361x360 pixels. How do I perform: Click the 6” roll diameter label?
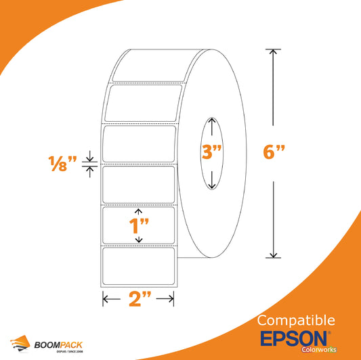coord(274,152)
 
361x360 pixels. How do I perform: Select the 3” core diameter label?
coord(211,152)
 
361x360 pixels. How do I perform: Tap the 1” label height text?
coord(139,225)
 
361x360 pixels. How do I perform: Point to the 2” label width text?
coord(140,298)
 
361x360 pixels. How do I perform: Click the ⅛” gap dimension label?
coord(62,164)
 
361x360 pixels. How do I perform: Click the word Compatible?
coord(296,321)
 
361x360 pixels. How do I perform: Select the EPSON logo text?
coord(293,338)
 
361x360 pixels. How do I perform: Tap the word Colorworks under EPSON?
coord(319,350)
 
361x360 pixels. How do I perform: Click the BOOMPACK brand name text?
coord(58,345)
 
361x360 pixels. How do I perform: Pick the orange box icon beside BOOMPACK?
coord(20,343)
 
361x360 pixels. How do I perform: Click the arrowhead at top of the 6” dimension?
coord(273,52)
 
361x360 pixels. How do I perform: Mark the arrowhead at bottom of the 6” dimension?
coord(273,255)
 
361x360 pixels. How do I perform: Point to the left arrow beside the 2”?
coord(112,299)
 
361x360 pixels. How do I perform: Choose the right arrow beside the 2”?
coord(165,299)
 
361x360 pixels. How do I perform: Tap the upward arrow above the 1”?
coord(138,212)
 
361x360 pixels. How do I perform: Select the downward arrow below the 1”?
coord(139,240)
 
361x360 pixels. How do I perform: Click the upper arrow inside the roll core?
coord(212,127)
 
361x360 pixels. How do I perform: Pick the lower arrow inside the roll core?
coord(212,180)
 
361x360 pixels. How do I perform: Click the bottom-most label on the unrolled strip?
coord(139,266)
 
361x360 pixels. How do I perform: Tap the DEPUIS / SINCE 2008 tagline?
coord(70,351)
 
